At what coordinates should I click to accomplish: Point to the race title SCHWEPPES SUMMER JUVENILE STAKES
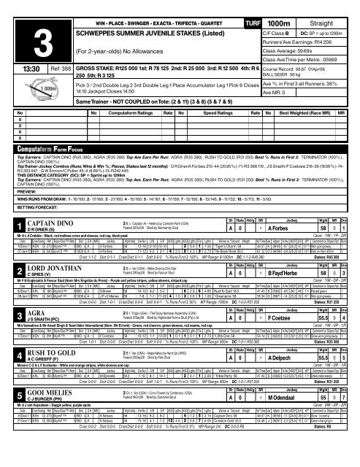point(139,23)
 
